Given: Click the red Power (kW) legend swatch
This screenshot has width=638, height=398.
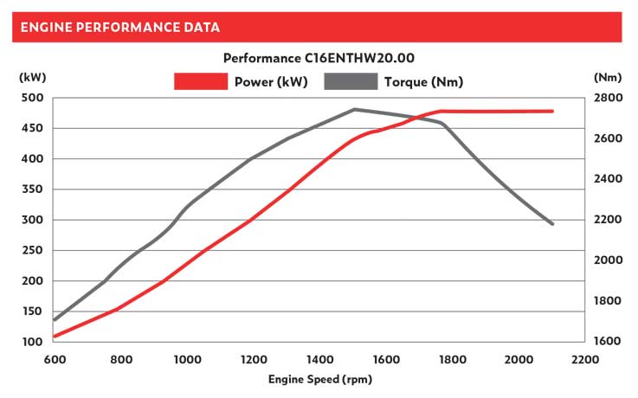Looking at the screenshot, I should (200, 82).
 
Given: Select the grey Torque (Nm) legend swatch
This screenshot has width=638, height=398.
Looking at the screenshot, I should (351, 82).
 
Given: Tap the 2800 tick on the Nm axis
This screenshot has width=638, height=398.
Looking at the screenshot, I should (608, 98).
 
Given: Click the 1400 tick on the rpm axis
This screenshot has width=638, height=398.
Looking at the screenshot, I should (319, 359).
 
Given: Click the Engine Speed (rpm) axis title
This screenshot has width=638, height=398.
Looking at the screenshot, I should (319, 379).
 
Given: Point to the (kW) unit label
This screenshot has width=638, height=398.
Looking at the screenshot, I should (31, 77).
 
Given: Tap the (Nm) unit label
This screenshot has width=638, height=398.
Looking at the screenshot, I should (609, 77).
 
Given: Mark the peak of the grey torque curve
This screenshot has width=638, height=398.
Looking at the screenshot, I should (354, 110).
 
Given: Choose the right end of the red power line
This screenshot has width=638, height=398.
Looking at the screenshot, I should (552, 111).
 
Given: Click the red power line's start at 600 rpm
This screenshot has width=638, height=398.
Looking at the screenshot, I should (55, 336).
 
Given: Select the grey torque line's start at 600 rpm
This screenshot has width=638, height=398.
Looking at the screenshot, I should (55, 320).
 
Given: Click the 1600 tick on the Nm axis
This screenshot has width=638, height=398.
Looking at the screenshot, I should (608, 342).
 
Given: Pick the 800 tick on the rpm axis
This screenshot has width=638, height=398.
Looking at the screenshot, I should (120, 359).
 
